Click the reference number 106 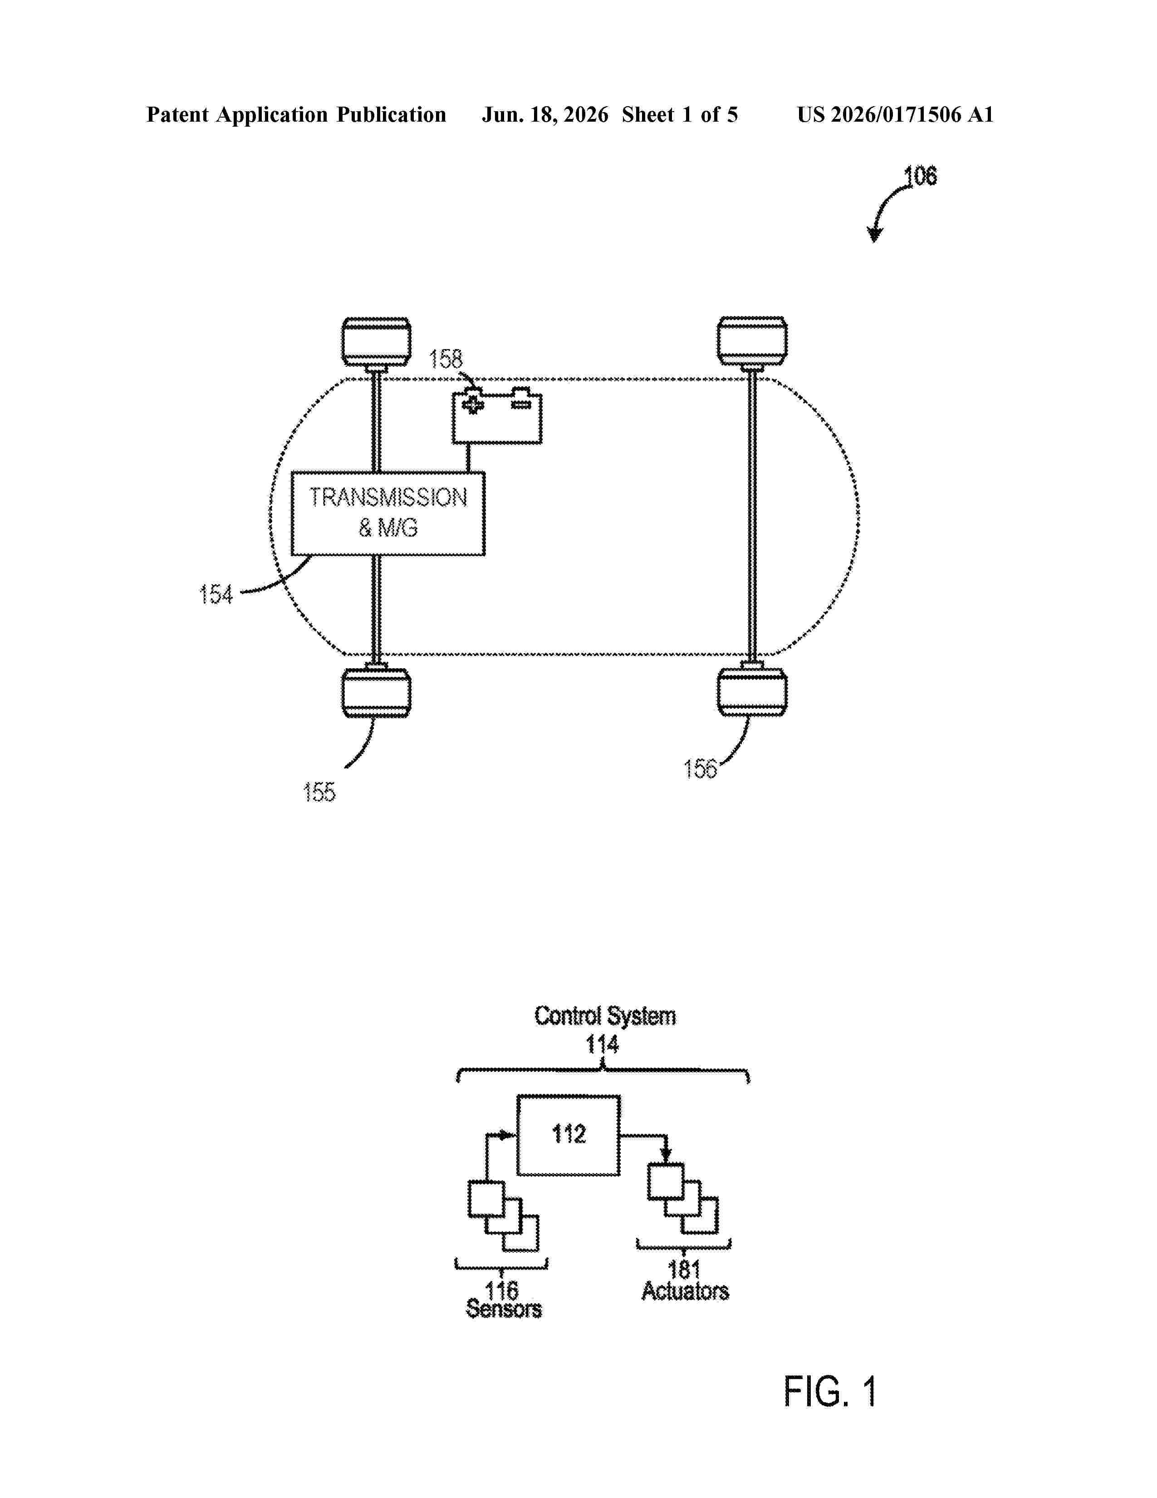point(920,176)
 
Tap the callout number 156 point(700,769)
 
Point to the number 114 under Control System point(602,1045)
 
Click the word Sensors point(504,1309)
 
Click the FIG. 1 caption point(830,1392)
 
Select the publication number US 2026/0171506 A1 point(895,114)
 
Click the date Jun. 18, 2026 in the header point(545,114)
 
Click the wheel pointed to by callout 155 point(376,693)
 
